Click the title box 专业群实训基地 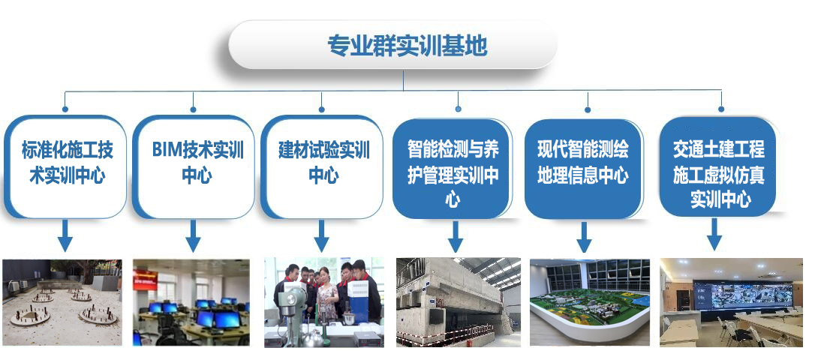coord(392,45)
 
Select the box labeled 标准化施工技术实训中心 coord(65,166)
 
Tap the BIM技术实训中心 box coord(194,166)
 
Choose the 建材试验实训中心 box coord(322,166)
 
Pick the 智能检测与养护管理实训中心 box coord(452,169)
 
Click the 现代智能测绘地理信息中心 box coord(583,169)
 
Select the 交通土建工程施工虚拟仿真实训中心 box coord(720,167)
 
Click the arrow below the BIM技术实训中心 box coord(193,235)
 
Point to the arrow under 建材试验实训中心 coord(321,235)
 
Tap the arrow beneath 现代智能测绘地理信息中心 coord(584,237)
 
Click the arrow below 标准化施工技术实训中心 coord(65,235)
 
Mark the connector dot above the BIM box coord(193,109)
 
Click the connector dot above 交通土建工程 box coord(721,109)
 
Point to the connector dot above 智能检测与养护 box coord(458,109)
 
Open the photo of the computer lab coord(191,302)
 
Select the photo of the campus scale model coord(590,302)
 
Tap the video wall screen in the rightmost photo coord(743,296)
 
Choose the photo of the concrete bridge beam coord(459,302)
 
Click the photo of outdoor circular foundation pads coord(62,302)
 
